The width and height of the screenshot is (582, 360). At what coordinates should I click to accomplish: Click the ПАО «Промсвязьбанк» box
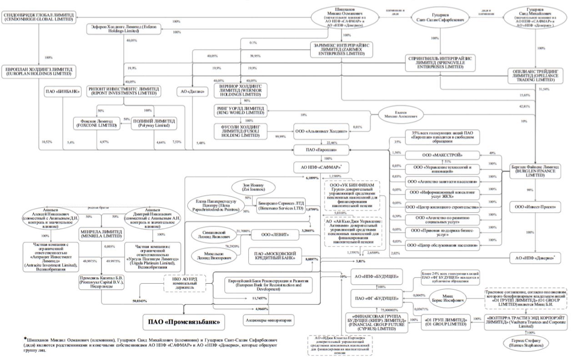[x=184, y=323]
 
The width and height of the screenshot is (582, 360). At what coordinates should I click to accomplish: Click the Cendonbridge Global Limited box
[x=39, y=18]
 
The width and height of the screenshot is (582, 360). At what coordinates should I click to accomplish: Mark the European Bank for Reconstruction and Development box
[x=269, y=285]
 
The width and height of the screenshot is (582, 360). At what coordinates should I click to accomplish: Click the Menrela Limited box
[x=101, y=234]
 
